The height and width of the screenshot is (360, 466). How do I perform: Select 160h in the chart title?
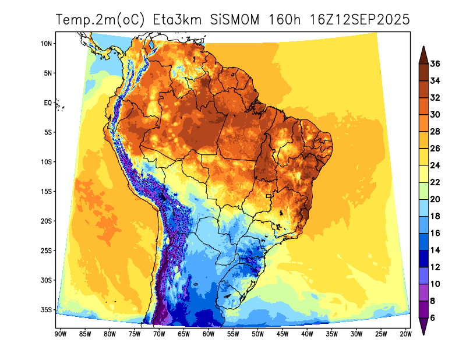pos(285,20)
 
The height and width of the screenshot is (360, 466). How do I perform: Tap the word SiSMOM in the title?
pos(237,20)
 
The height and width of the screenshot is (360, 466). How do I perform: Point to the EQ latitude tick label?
pos(48,103)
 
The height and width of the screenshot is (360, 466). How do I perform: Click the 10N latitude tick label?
pos(47,43)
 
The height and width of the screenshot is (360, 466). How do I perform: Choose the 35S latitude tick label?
pos(47,309)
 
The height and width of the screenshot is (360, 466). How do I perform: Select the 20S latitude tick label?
pos(47,221)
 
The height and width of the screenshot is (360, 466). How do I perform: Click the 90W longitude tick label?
pos(59,334)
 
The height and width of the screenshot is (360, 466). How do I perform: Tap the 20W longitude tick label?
pos(406,334)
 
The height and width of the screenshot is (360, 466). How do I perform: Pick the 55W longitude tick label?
pos(233,334)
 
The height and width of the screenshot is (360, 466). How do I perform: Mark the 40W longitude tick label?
pos(307,334)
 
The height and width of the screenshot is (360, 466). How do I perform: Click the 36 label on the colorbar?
pos(435,63)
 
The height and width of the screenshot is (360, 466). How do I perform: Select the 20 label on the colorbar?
pos(435,199)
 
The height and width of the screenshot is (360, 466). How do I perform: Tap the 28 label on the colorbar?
pos(435,132)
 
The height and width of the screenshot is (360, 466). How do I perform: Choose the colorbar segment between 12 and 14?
pos(423,259)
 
